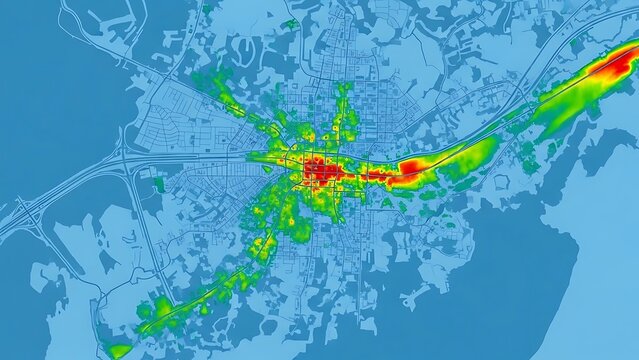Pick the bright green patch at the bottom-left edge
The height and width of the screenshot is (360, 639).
[119, 350]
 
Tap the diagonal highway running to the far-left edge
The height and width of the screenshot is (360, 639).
[60, 195]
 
